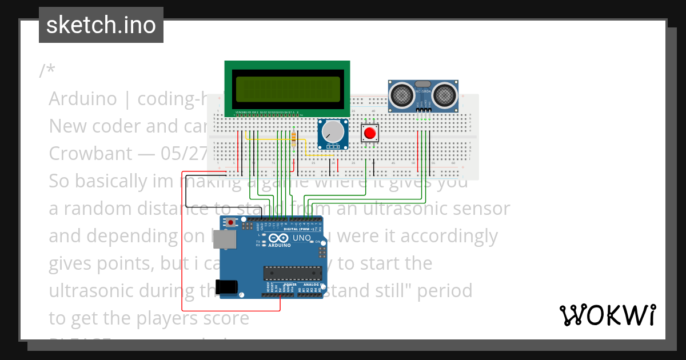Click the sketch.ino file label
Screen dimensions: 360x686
point(101,25)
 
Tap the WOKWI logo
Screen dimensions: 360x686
point(607,315)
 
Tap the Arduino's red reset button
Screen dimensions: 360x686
point(230,222)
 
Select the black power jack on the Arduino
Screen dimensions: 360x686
point(227,287)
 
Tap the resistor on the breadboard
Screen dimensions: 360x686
point(294,139)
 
